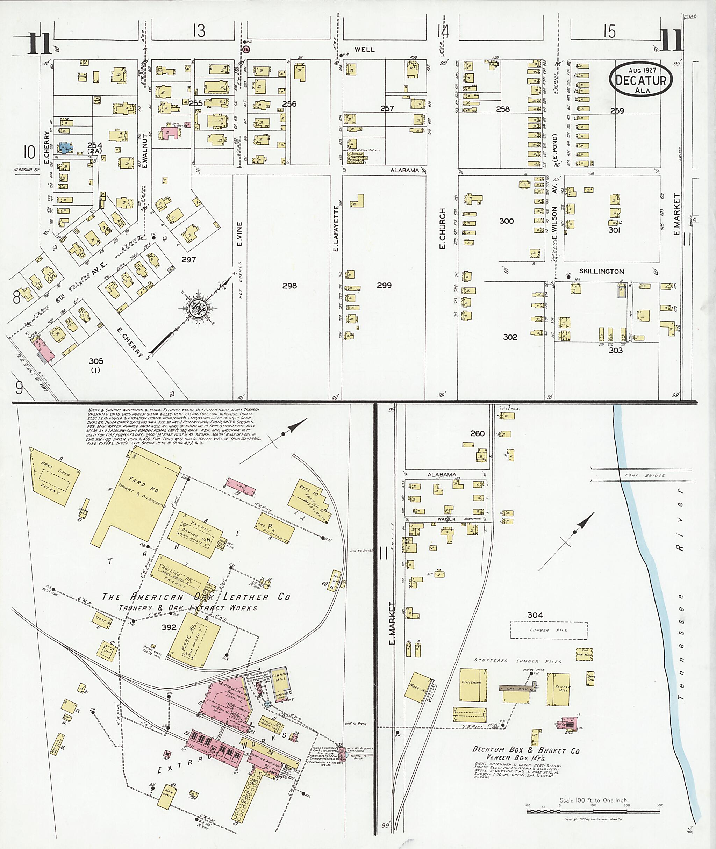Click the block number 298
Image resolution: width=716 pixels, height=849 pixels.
(x=289, y=286)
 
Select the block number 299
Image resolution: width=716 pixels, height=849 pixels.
(x=384, y=285)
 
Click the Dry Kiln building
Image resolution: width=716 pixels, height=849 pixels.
(x=516, y=688)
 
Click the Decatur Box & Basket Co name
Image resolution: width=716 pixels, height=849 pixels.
(x=525, y=750)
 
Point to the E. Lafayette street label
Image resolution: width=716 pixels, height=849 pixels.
(x=336, y=228)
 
